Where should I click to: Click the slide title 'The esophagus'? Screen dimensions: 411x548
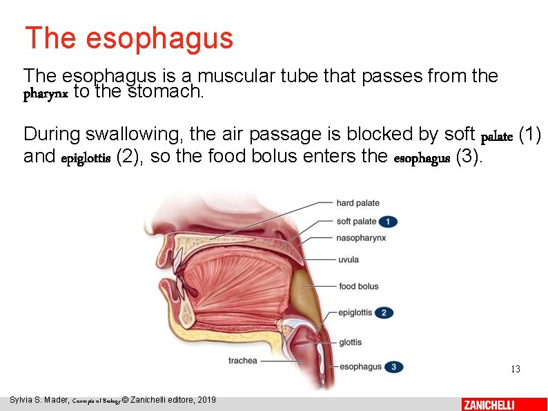(x=129, y=38)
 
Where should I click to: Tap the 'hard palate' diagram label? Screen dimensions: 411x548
(x=358, y=203)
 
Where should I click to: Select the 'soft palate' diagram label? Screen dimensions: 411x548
(x=356, y=222)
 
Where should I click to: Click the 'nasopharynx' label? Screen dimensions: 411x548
(x=361, y=238)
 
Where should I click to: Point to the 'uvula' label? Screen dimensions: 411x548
(x=349, y=260)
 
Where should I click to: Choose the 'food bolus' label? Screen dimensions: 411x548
(x=359, y=287)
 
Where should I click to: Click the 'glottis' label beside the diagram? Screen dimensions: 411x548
(x=350, y=343)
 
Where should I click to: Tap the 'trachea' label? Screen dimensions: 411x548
(x=242, y=361)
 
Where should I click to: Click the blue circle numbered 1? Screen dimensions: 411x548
(x=388, y=222)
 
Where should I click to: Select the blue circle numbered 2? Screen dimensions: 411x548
(x=384, y=313)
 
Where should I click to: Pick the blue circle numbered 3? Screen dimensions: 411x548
(x=393, y=367)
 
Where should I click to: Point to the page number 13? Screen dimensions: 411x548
(x=516, y=370)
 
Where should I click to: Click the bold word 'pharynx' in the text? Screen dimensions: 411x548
(x=46, y=95)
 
